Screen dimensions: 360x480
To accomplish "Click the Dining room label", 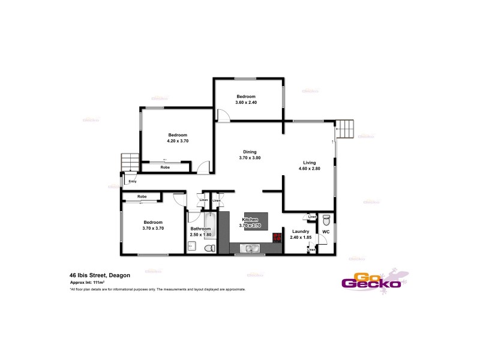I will click(250, 151).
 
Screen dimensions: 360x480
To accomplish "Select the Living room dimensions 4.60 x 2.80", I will click(310, 169).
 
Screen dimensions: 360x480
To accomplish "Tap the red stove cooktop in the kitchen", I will click(277, 237).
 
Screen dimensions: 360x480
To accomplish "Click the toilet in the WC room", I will click(326, 219).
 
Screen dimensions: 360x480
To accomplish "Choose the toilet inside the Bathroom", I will click(209, 248).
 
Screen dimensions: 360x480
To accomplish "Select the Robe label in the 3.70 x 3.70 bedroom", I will click(142, 196).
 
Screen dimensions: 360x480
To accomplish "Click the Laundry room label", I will click(300, 231).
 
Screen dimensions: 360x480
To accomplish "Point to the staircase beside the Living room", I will click(346, 128).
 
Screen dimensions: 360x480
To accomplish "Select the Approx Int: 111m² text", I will click(88, 282).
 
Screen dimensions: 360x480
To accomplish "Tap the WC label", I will click(326, 232).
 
